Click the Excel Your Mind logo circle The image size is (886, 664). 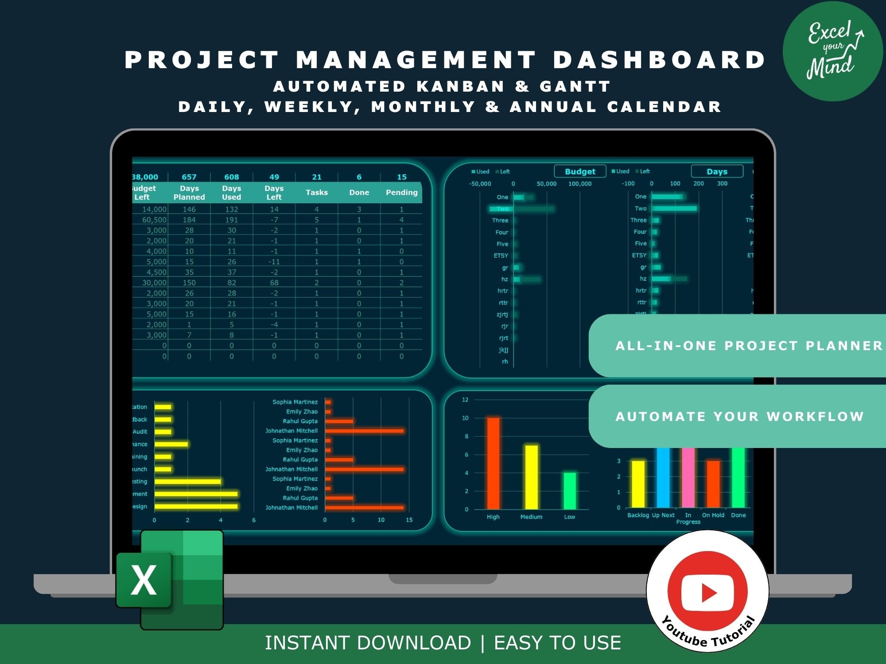[x=833, y=51]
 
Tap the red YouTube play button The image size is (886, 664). [x=708, y=591]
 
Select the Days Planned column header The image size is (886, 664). [x=189, y=193]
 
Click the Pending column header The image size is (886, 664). [x=401, y=193]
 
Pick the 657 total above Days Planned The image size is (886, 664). [x=189, y=177]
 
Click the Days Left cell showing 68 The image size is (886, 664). [x=274, y=282]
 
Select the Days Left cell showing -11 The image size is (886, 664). [x=274, y=262]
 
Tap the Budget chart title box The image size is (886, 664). [x=580, y=171]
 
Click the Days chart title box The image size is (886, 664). [x=717, y=171]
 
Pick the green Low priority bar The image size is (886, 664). [x=570, y=491]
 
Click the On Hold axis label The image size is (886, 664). [x=713, y=515]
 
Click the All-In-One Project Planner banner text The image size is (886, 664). [x=749, y=346]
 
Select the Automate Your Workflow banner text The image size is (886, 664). [x=740, y=417]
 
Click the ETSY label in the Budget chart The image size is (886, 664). [x=501, y=256]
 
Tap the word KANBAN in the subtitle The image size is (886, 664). [x=460, y=86]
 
